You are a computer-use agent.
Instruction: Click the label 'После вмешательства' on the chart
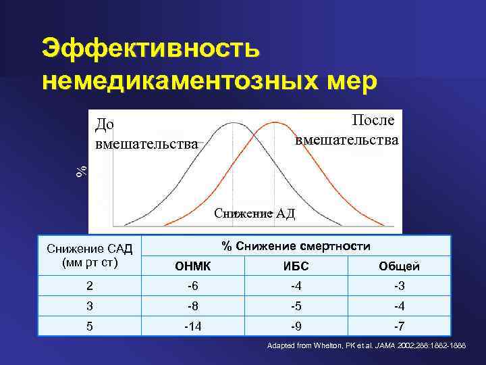pyautogui.click(x=348, y=130)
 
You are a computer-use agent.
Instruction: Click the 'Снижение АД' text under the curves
pyautogui.click(x=254, y=214)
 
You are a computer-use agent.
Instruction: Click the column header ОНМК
pyautogui.click(x=192, y=266)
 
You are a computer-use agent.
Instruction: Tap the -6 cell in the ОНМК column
pyautogui.click(x=192, y=286)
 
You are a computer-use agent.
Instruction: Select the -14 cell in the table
pyautogui.click(x=192, y=326)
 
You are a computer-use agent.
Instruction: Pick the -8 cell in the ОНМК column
pyautogui.click(x=192, y=306)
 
